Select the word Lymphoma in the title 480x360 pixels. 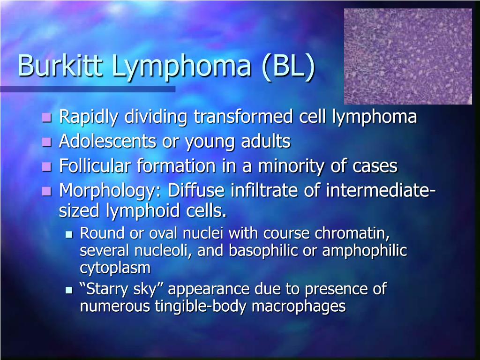[x=181, y=67]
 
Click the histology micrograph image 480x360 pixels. [x=408, y=56]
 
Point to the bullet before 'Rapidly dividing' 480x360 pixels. [x=46, y=117]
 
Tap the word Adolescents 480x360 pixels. [x=107, y=141]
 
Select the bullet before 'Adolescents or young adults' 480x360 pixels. [x=46, y=142]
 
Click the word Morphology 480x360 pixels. [x=111, y=191]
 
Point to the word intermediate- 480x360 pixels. [x=381, y=190]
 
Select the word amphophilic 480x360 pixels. [x=365, y=251]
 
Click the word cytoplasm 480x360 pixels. [x=115, y=268]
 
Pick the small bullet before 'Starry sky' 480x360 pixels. [x=69, y=290]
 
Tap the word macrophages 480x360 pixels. [x=299, y=307]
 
